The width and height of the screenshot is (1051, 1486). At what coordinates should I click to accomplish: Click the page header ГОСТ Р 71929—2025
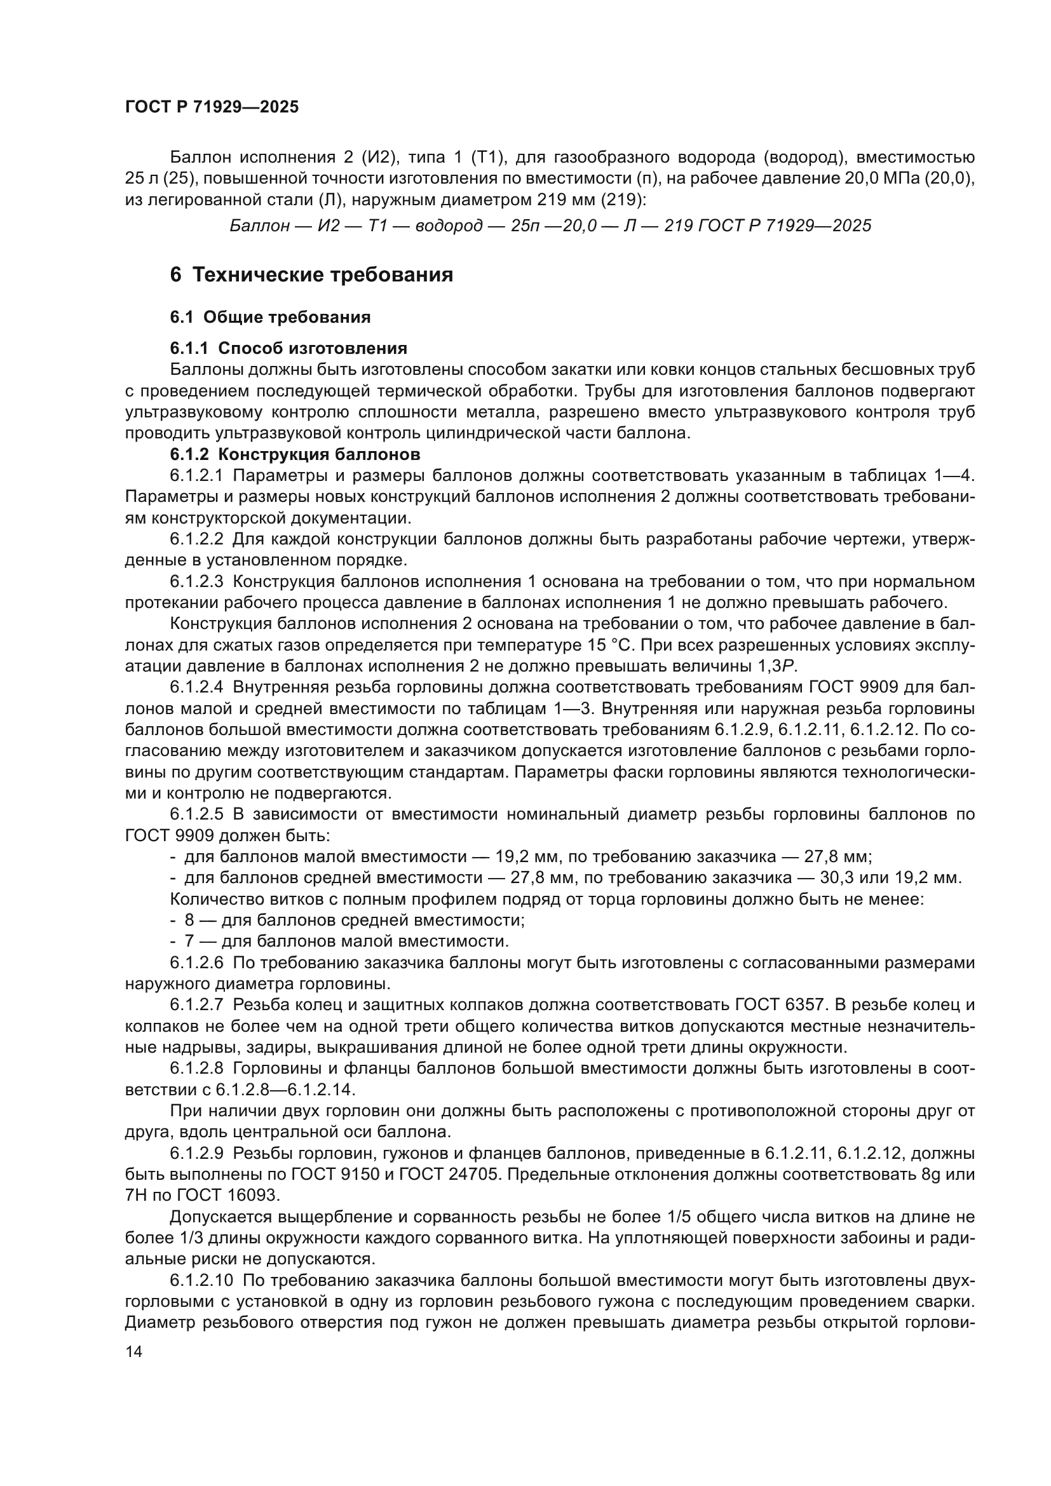point(212,107)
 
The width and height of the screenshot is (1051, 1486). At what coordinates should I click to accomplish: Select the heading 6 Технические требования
point(311,274)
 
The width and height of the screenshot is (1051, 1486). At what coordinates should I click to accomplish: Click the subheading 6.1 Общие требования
point(270,317)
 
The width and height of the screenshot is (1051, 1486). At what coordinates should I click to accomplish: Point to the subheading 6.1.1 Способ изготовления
point(288,348)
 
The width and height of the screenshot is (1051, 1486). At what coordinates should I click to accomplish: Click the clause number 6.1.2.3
point(197,582)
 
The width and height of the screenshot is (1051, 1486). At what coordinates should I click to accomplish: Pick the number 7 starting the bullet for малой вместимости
point(189,941)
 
